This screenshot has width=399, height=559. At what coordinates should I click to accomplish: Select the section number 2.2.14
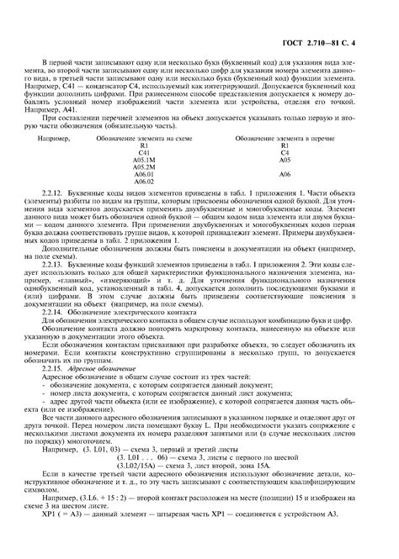[53, 324]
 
